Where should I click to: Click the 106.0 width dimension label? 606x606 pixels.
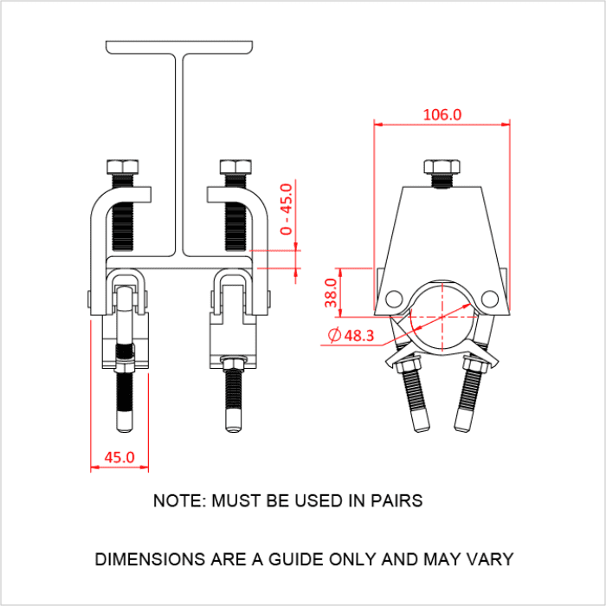(442, 114)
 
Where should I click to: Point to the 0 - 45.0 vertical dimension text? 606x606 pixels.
(287, 209)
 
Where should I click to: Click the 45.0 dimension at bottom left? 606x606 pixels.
(119, 456)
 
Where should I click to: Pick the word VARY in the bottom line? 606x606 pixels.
(491, 559)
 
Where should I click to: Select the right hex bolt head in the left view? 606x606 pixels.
(235, 167)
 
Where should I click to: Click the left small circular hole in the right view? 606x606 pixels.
(395, 299)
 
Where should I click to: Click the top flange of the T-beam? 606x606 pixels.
(182, 45)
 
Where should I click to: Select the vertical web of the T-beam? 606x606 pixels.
(184, 156)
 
